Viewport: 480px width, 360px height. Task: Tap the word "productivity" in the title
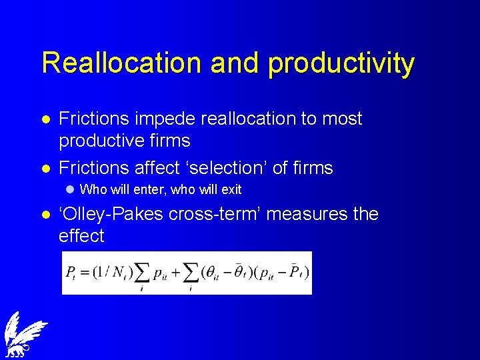[340, 64]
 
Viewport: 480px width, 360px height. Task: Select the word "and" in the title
[237, 63]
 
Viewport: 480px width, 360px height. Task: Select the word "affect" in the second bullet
[157, 168]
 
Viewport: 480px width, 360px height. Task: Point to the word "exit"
[231, 190]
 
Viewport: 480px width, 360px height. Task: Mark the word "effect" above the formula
[81, 237]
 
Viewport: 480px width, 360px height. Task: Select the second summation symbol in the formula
[192, 272]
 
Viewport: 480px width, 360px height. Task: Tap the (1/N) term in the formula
[109, 272]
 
